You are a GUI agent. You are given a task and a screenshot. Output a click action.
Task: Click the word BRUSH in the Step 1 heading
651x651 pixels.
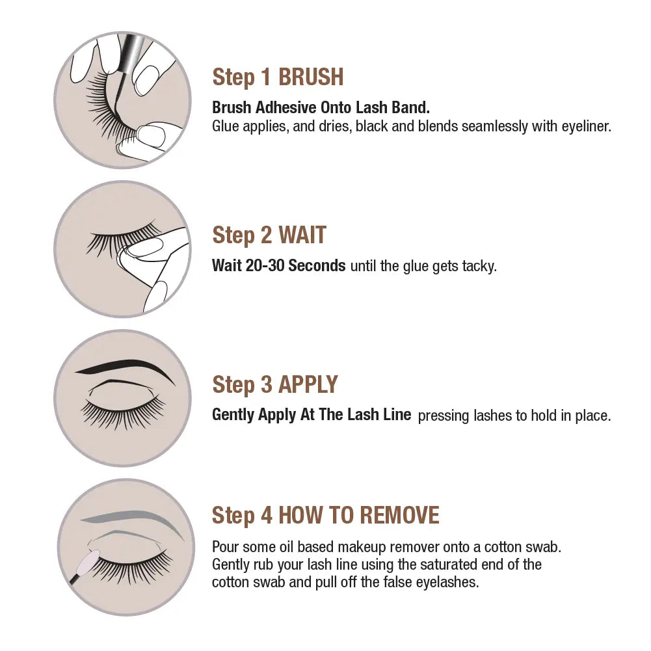click(x=311, y=77)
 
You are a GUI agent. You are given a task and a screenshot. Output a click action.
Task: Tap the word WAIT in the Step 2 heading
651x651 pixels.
click(x=302, y=235)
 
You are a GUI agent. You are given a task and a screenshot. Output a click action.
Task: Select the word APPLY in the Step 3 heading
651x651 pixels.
click(x=308, y=384)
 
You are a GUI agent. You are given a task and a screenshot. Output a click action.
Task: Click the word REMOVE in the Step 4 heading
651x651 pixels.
click(x=399, y=515)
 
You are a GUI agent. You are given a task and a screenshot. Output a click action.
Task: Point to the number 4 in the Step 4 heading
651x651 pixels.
click(x=266, y=515)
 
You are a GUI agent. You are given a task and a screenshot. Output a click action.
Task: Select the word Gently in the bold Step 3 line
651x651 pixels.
click(x=233, y=415)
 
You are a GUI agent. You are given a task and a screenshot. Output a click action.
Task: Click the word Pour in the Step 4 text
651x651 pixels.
click(x=226, y=547)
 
